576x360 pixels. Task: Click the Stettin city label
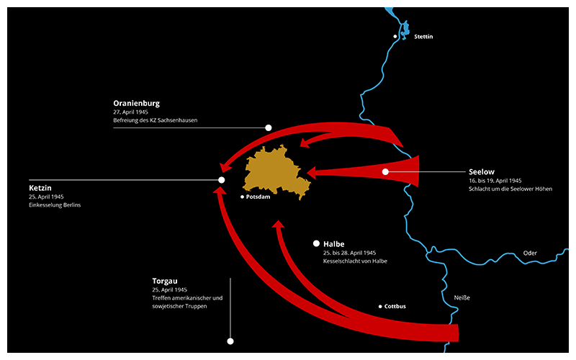point(424,36)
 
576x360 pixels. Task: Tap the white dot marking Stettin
point(395,36)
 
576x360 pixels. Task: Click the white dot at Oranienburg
point(269,127)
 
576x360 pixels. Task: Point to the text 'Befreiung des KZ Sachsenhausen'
point(155,120)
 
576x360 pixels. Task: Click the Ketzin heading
point(40,188)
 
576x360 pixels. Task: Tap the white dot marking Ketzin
point(222,180)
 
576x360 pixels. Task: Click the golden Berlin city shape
point(274,171)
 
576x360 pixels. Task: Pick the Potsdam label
point(258,197)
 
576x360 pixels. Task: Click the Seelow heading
point(482,172)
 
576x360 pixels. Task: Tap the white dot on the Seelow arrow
point(386,171)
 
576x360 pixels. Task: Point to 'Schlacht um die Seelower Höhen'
point(505,189)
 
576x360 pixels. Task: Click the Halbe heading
point(334,244)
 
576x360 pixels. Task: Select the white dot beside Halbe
point(316,243)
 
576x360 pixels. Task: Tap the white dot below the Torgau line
point(230,341)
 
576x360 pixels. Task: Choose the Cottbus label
point(395,307)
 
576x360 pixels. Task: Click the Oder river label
point(531,253)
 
